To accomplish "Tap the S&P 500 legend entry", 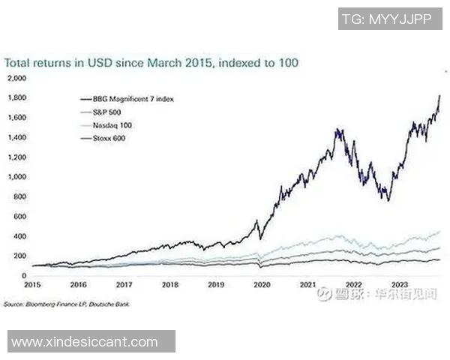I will pyautogui.click(x=113, y=112).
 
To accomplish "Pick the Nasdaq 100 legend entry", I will pyautogui.click(x=117, y=124).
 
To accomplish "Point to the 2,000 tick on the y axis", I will pyautogui.click(x=16, y=78).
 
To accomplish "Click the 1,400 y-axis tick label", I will pyautogui.click(x=16, y=137).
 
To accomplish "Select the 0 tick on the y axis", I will pyautogui.click(x=23, y=276).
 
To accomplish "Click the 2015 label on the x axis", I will pyautogui.click(x=32, y=286).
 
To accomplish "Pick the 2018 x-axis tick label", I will pyautogui.click(x=169, y=286).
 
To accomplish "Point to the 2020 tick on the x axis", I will pyautogui.click(x=261, y=286).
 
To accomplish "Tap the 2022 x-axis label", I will pyautogui.click(x=352, y=286).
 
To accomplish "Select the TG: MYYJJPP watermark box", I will pyautogui.click(x=385, y=20).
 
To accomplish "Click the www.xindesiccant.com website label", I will pyautogui.click(x=85, y=342).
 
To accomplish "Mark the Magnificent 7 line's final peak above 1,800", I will pyautogui.click(x=439, y=95).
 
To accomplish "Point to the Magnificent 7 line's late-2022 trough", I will pyautogui.click(x=387, y=199).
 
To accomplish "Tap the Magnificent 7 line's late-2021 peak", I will pyautogui.click(x=338, y=130).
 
